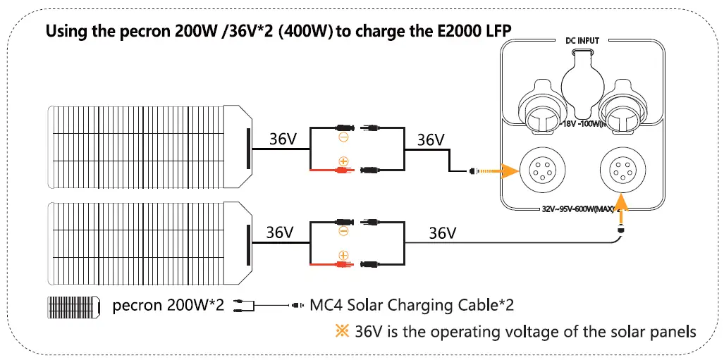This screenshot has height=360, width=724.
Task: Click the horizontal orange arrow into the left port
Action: pyautogui.click(x=496, y=170)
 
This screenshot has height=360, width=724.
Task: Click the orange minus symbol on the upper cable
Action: pyautogui.click(x=343, y=138)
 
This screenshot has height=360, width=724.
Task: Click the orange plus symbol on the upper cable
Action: pyautogui.click(x=343, y=161)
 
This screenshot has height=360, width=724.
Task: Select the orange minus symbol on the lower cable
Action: pyautogui.click(x=343, y=231)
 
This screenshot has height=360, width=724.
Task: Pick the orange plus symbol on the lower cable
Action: pyautogui.click(x=343, y=255)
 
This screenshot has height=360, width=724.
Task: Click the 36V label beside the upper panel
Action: pyautogui.click(x=283, y=139)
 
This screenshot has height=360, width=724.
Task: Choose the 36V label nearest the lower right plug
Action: pyautogui.click(x=442, y=232)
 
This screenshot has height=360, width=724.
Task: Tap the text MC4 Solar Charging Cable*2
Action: pyautogui.click(x=412, y=306)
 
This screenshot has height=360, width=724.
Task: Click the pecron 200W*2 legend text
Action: pyautogui.click(x=168, y=306)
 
